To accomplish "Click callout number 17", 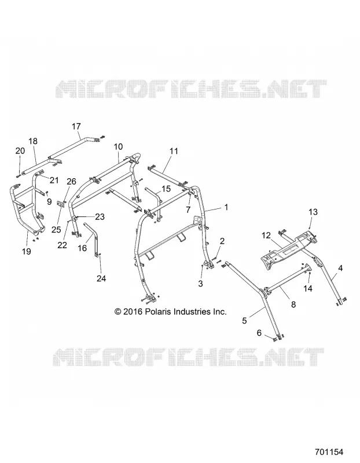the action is (76, 126).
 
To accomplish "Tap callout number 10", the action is (118, 146).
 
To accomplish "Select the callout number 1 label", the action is (226, 207).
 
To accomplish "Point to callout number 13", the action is (313, 212).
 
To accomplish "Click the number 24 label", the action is (101, 278).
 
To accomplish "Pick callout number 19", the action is (27, 251).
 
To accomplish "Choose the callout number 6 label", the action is (259, 333).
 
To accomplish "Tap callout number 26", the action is (71, 181).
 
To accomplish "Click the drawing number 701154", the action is (329, 452).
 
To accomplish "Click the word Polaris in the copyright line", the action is (158, 312).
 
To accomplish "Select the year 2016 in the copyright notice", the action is (133, 312).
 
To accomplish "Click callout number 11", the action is (174, 151).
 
